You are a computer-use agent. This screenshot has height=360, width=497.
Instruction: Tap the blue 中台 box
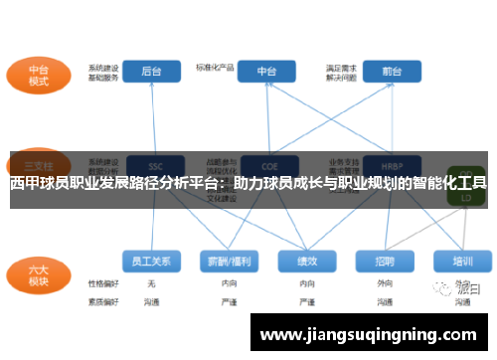point(267,72)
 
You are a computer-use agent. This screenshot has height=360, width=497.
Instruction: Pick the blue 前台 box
point(391,72)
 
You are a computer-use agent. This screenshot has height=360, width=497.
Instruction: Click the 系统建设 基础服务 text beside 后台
point(103,73)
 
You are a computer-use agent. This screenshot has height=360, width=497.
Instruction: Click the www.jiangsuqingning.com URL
point(367,335)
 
